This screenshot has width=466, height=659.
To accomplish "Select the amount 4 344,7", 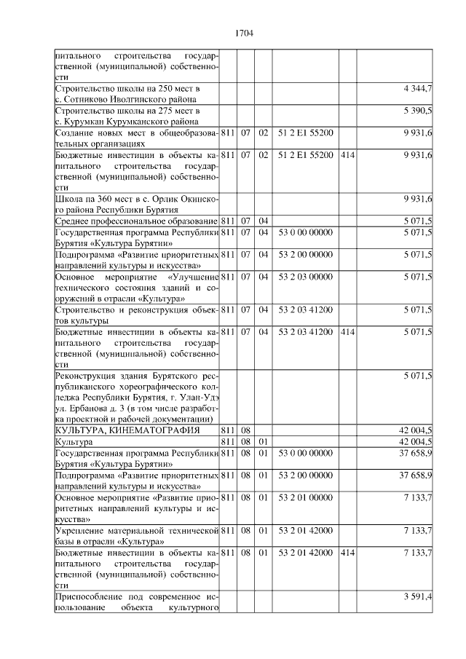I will point(418,89).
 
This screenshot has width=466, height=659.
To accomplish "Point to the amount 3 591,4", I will point(418,596).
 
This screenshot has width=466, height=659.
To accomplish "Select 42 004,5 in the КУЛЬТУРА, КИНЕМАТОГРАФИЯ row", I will point(416,430).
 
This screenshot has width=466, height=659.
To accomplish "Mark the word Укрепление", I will point(81,529).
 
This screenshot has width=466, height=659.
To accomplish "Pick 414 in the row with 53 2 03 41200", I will point(347,331).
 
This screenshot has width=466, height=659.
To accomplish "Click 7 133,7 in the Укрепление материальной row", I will point(418,529).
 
